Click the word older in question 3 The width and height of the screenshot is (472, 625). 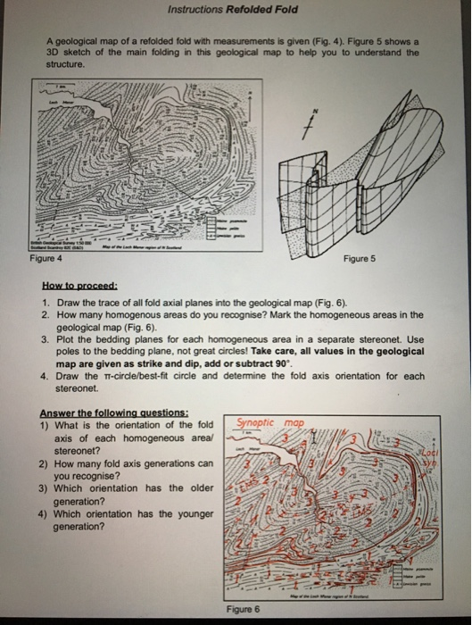pyautogui.click(x=199, y=488)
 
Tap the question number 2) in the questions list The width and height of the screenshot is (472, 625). pyautogui.click(x=45, y=463)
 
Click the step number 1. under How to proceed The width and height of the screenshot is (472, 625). pyautogui.click(x=45, y=303)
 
